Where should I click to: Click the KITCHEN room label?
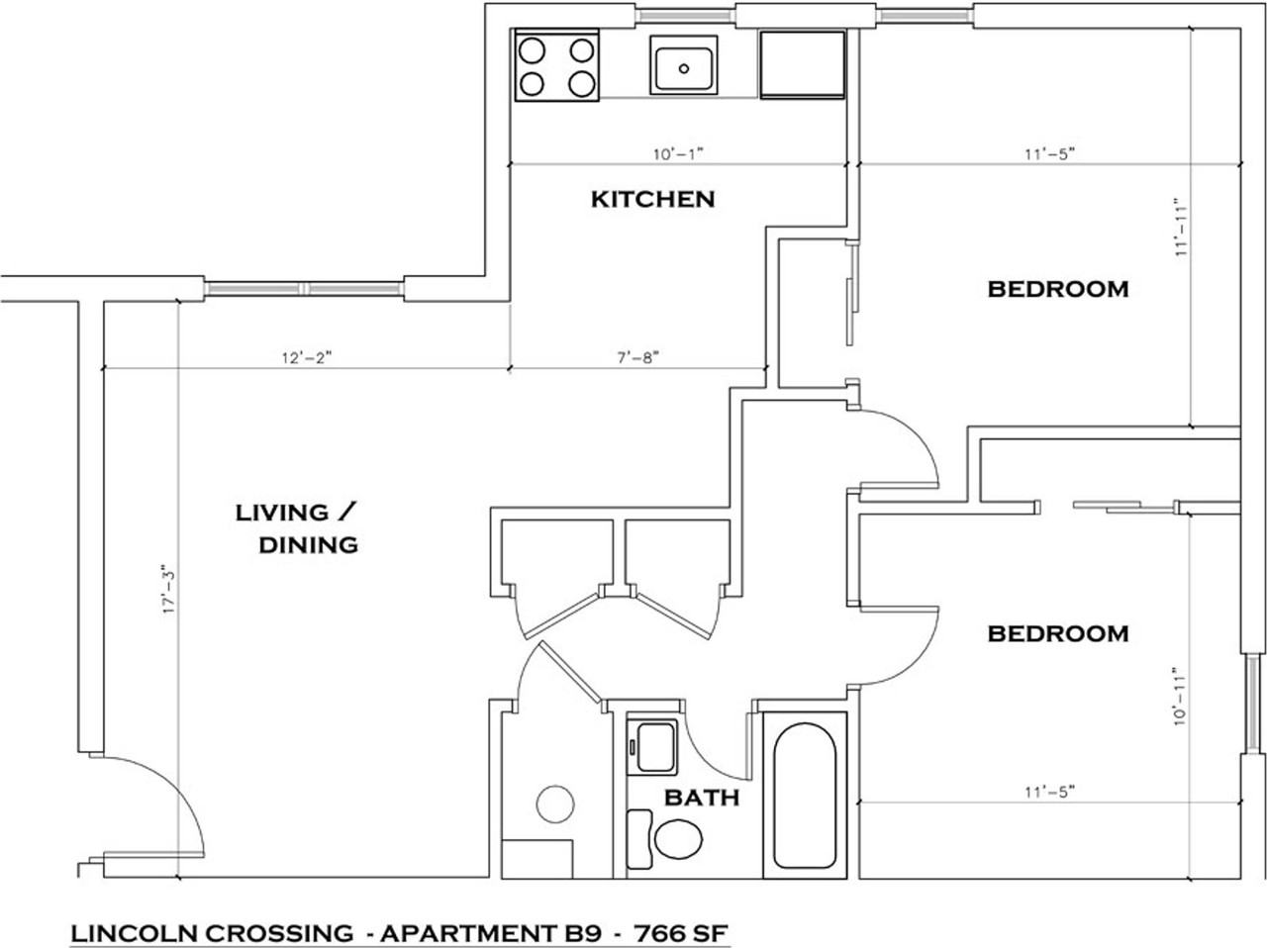click(652, 199)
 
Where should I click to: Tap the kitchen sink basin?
click(683, 65)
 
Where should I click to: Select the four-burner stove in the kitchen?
click(556, 66)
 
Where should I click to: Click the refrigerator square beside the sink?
click(802, 64)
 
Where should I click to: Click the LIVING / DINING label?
click(295, 528)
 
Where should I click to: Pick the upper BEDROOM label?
click(1058, 289)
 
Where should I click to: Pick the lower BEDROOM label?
click(1058, 633)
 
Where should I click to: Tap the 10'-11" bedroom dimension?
click(1179, 696)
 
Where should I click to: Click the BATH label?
click(701, 798)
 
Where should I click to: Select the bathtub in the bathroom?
click(804, 795)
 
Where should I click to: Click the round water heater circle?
click(553, 804)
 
